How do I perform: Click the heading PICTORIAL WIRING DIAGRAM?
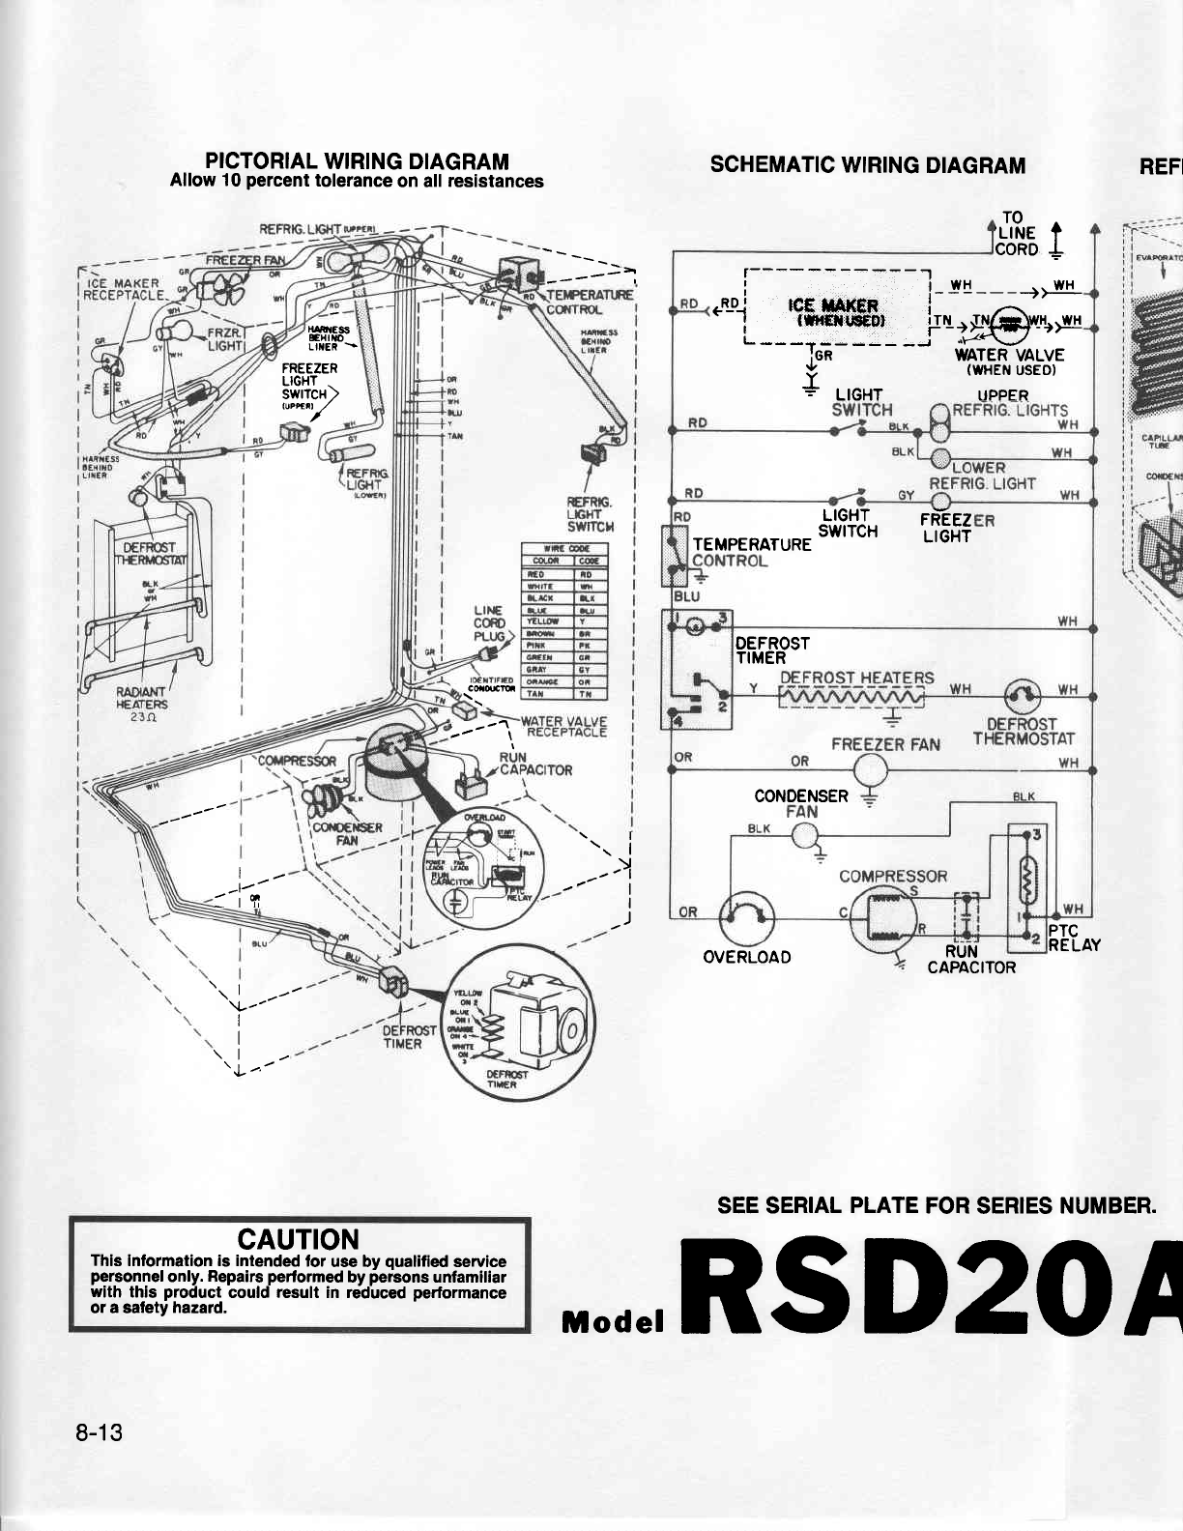tap(357, 161)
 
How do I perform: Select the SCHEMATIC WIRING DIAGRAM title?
tap(867, 164)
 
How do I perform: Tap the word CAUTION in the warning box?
tap(298, 1240)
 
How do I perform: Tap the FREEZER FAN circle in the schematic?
tap(871, 770)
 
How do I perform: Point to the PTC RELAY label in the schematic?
tap(1074, 938)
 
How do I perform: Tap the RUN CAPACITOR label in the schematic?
tap(971, 959)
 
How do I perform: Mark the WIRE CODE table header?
tap(563, 549)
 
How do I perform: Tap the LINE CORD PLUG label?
tap(489, 623)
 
